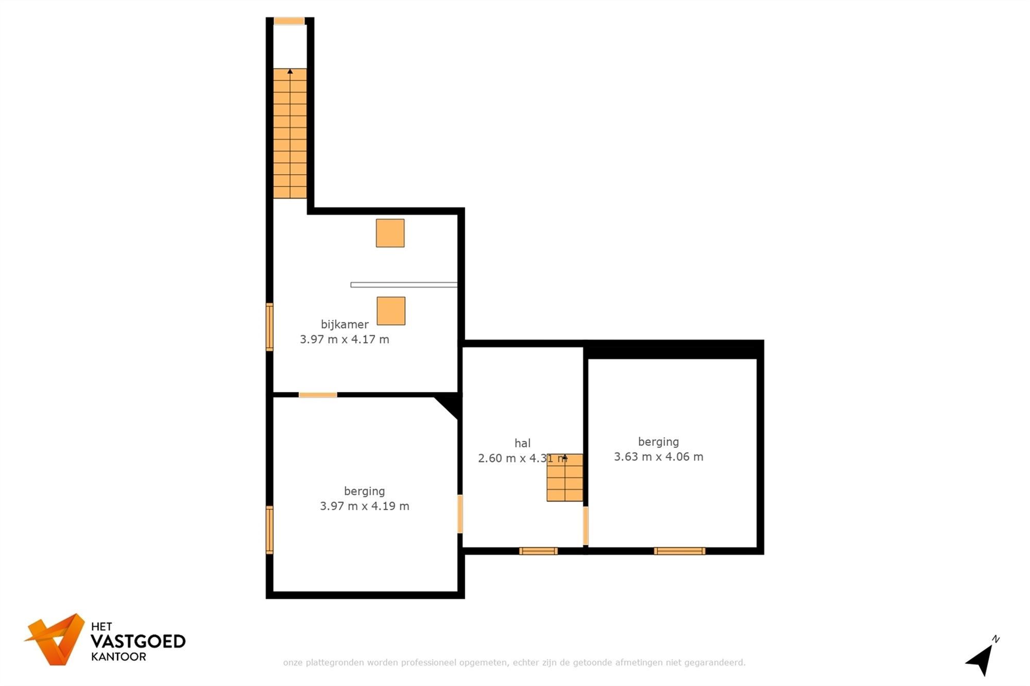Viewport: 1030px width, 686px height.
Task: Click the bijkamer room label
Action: [x=345, y=324]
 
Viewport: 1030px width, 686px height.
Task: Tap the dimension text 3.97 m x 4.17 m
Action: [x=345, y=339]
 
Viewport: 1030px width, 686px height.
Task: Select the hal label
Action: [x=522, y=443]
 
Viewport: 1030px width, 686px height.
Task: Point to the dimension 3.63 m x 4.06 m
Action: [x=658, y=456]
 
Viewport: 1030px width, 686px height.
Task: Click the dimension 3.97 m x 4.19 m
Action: [x=365, y=506]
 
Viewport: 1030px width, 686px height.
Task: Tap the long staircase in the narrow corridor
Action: [x=290, y=133]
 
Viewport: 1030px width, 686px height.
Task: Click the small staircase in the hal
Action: [x=564, y=478]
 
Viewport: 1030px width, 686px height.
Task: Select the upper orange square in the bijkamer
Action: [x=390, y=233]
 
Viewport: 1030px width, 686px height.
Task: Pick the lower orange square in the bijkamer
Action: [x=391, y=311]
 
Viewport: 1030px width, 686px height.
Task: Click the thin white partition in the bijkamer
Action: [x=404, y=285]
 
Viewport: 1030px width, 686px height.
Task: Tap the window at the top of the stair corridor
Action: [x=289, y=21]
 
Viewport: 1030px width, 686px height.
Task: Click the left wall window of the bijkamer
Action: [x=269, y=327]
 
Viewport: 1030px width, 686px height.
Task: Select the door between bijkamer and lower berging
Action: [x=318, y=395]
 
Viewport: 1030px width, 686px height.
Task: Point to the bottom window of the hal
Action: [x=538, y=551]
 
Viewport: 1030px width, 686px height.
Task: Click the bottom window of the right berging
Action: [x=679, y=551]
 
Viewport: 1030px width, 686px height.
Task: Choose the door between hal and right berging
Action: [x=586, y=525]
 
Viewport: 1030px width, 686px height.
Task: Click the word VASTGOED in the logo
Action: [x=138, y=641]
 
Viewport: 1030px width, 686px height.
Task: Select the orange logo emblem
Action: [x=56, y=639]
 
